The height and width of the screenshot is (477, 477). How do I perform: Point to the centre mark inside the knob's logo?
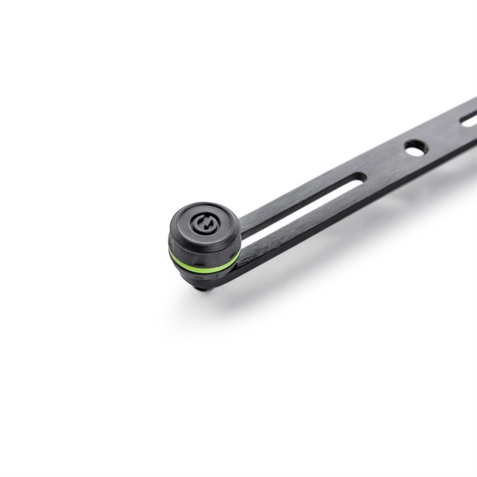[x=202, y=225]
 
